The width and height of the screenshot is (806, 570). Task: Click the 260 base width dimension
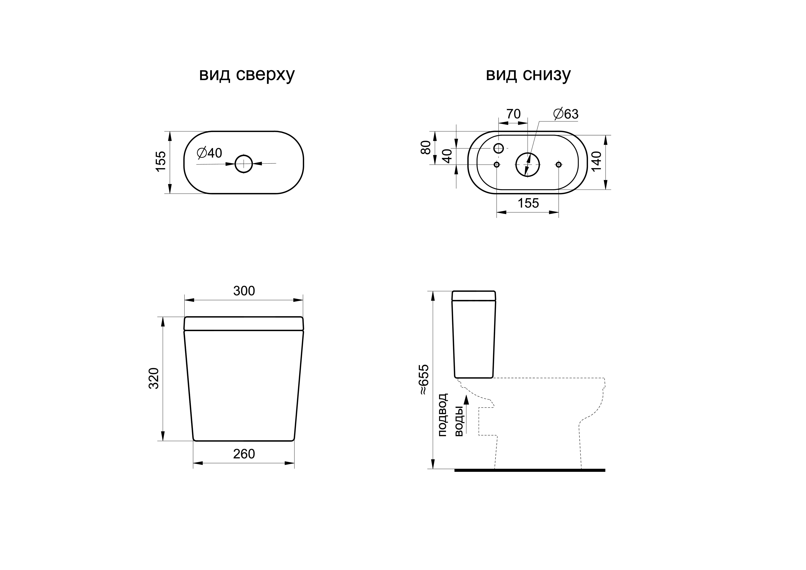tap(244, 454)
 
